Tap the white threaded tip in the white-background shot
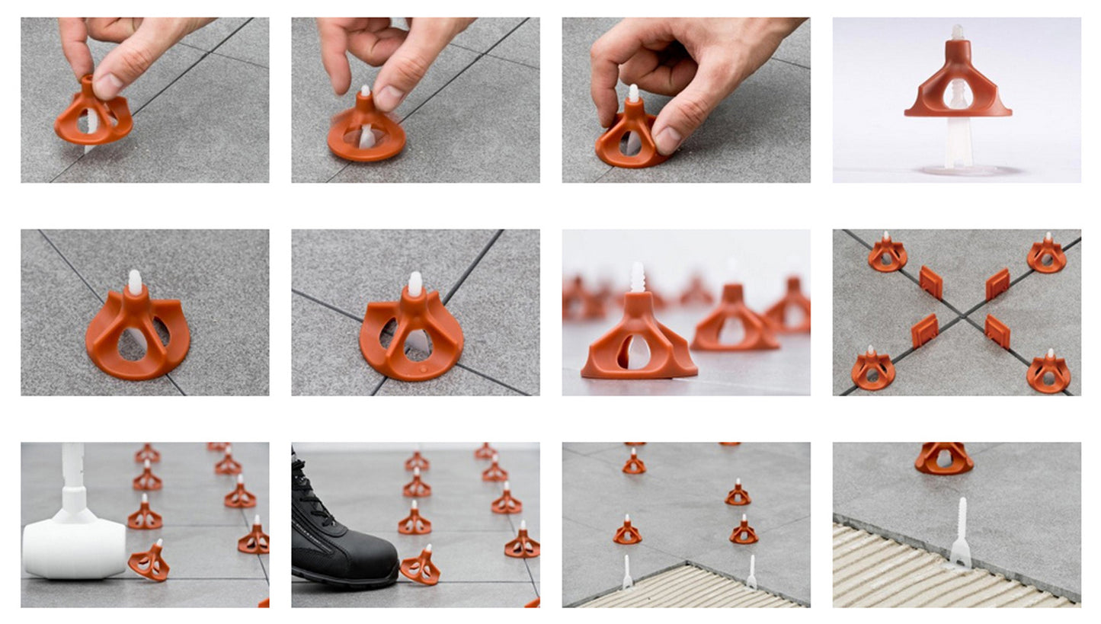[x=957, y=32]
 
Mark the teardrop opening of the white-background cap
[x=957, y=95]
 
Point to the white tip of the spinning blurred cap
[x=366, y=91]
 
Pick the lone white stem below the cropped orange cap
[x=962, y=533]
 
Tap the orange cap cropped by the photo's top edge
[x=944, y=457]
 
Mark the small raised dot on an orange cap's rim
[x=424, y=367]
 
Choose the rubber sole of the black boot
[x=350, y=584]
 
